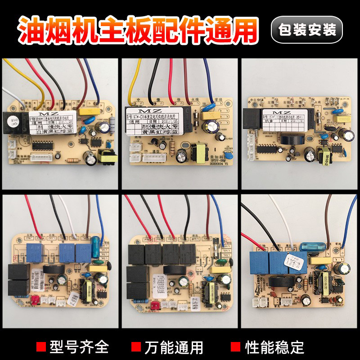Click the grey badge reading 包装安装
(x=307, y=30)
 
